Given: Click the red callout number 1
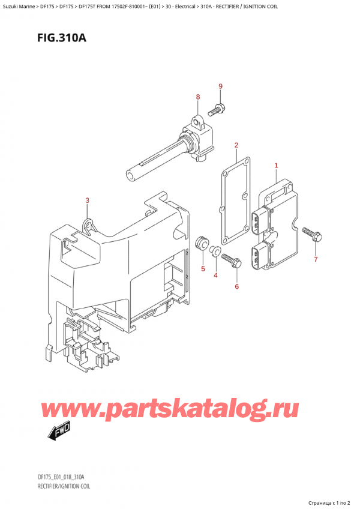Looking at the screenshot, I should point(276,165).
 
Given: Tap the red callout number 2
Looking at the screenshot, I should point(236,145).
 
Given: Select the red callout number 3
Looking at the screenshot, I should point(87,200).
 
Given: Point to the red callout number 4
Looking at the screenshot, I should point(216,275).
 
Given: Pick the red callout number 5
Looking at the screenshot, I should point(203,268).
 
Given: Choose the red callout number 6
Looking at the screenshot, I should point(236,286).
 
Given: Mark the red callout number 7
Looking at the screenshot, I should point(316,259).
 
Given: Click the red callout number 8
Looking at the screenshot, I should point(197,97).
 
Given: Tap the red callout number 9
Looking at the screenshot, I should point(220,86).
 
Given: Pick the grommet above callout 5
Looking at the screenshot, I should point(202,242).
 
